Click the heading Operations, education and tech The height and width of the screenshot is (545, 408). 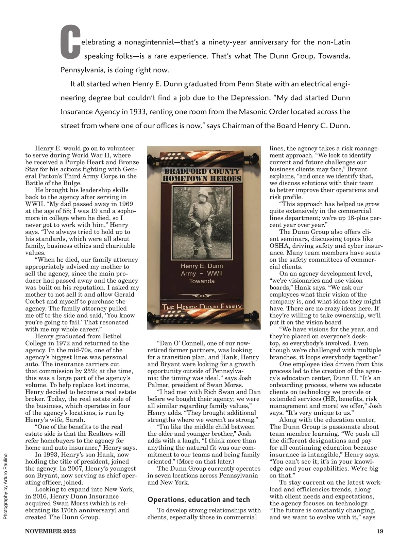[x=199, y=500]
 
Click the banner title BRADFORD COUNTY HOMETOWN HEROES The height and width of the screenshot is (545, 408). [x=202, y=174]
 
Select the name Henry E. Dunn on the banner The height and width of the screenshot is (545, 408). [x=202, y=266]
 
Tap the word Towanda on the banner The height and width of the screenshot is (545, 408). [x=202, y=281]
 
